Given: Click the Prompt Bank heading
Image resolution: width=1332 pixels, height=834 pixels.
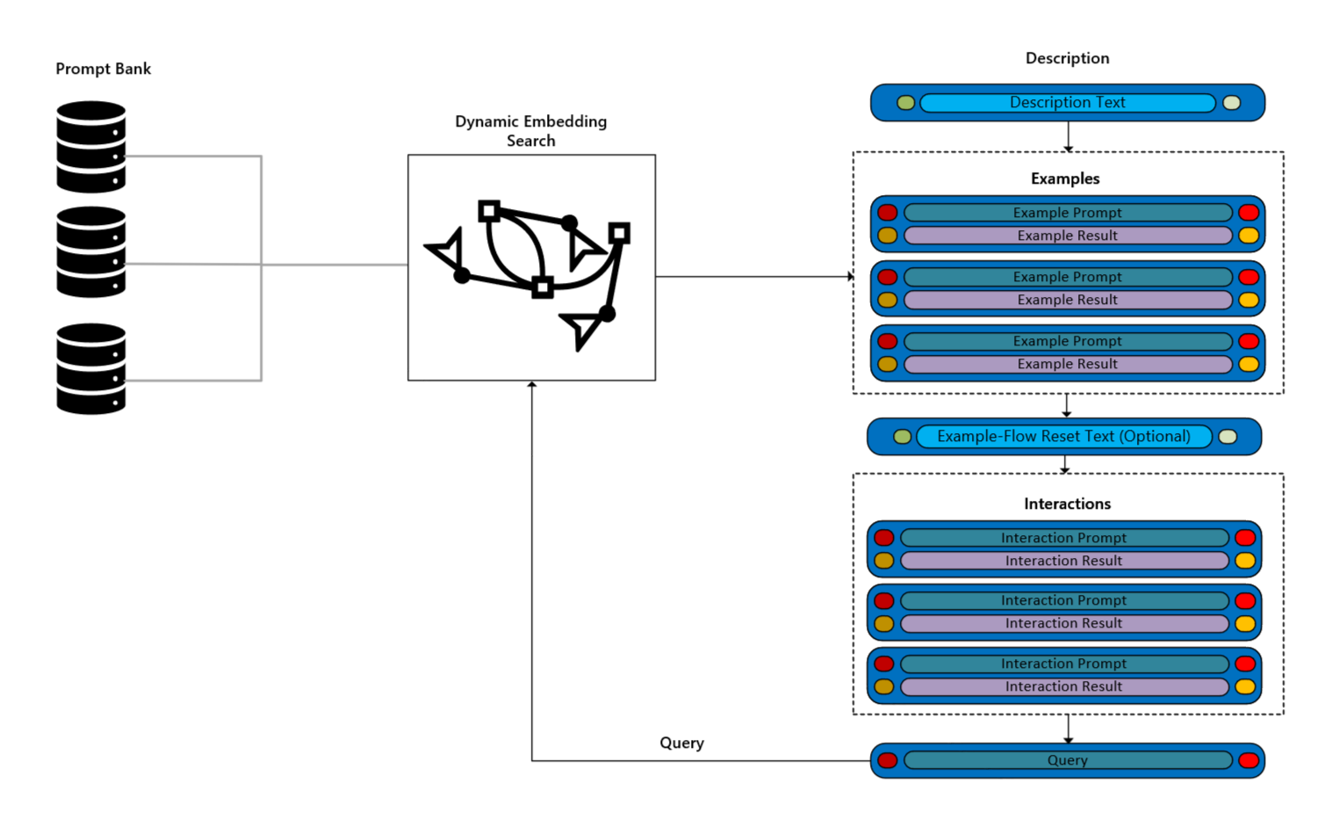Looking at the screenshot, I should pyautogui.click(x=103, y=69).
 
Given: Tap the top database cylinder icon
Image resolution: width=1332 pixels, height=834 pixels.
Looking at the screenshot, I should pyautogui.click(x=91, y=147).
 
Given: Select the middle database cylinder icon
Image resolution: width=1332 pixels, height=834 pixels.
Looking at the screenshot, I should pyautogui.click(x=91, y=252).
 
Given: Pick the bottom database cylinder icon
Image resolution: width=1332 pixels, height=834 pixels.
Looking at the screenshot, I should pyautogui.click(x=91, y=369).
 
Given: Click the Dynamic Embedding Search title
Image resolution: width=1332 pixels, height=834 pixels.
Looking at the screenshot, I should pyautogui.click(x=530, y=131).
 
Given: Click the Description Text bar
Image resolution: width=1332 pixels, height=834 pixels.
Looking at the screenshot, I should pyautogui.click(x=1067, y=103).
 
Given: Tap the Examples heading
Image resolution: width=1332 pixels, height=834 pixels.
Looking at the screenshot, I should pyautogui.click(x=1065, y=178).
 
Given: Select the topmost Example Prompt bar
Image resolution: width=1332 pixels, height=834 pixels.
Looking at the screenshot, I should pyautogui.click(x=1067, y=213).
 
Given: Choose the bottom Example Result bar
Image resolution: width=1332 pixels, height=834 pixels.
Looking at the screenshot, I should pyautogui.click(x=1067, y=364).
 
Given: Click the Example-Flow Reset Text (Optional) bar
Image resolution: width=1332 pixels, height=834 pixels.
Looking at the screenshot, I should pyautogui.click(x=1063, y=437).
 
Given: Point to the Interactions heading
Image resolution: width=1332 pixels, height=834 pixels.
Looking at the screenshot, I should pyautogui.click(x=1067, y=504).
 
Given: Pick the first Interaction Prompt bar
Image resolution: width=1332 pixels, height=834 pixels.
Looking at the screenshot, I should pyautogui.click(x=1063, y=538).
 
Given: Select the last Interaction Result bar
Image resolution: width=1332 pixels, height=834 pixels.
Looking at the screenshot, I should pyautogui.click(x=1063, y=686).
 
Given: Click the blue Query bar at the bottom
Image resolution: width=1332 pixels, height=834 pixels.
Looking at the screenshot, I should pyautogui.click(x=1067, y=760).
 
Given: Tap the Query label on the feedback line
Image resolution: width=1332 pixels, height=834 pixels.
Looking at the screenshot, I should pyautogui.click(x=681, y=743).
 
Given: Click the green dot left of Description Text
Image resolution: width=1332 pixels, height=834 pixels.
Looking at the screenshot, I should pyautogui.click(x=906, y=103).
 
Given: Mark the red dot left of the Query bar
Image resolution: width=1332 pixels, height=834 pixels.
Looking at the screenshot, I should pyautogui.click(x=888, y=760).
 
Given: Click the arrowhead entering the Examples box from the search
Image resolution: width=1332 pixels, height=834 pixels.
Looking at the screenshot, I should pyautogui.click(x=850, y=277).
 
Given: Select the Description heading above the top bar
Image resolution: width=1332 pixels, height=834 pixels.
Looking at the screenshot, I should pyautogui.click(x=1067, y=58).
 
